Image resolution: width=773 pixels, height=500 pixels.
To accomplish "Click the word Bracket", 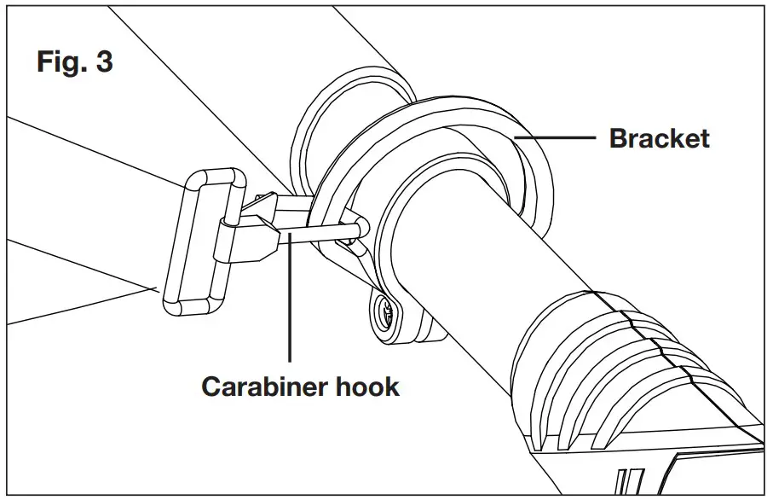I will (x=659, y=138).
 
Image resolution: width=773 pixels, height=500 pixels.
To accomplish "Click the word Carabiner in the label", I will (x=262, y=387).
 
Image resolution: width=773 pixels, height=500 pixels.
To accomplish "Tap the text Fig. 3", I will (x=74, y=63).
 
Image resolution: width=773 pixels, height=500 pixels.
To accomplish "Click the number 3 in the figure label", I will (x=103, y=63).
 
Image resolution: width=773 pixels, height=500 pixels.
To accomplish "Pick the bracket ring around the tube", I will (x=443, y=128).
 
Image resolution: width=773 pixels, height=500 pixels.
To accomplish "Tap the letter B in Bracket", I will (x=618, y=138).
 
